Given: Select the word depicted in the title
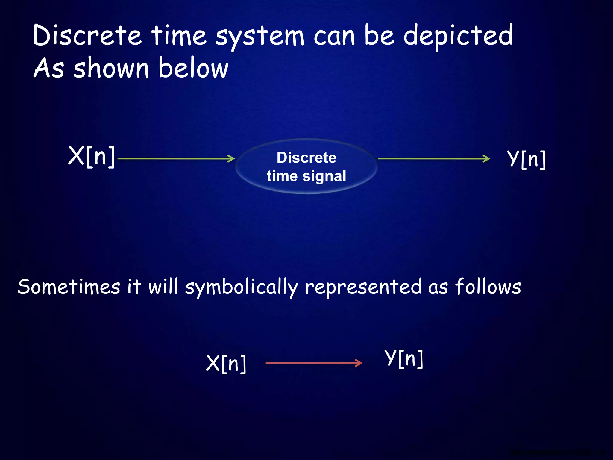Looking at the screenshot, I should [x=458, y=36].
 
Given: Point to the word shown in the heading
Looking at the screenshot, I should [x=111, y=68].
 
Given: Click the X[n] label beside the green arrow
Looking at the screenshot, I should [x=92, y=156].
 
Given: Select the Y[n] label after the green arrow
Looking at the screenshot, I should [x=526, y=159].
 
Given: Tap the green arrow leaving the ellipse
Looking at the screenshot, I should [x=434, y=158].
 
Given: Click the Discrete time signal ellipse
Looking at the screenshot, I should [x=306, y=166].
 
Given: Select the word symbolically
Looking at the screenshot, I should [x=241, y=287].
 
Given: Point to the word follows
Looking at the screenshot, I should [x=488, y=287].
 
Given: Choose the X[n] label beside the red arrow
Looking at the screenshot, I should [x=226, y=364].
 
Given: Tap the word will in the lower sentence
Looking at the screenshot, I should [x=163, y=287].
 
